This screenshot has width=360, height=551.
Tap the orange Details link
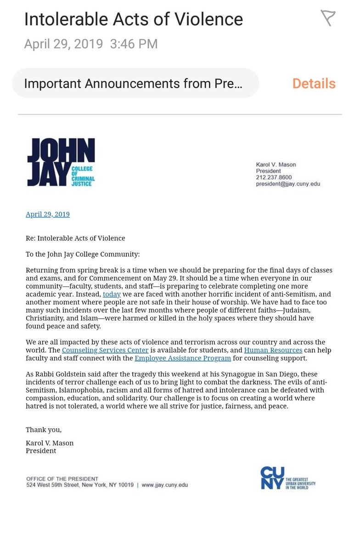[314, 84]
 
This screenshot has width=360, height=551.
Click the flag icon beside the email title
[327, 18]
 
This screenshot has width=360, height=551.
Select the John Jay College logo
[61, 162]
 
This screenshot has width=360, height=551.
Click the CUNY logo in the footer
[287, 478]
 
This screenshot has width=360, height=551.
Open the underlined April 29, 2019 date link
[48, 214]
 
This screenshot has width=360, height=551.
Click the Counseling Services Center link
[105, 350]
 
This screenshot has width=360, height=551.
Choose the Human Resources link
[273, 350]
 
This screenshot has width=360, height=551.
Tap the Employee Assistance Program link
[183, 358]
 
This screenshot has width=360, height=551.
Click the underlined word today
[112, 294]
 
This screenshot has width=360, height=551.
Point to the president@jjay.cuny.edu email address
[288, 184]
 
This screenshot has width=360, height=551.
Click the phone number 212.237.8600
[274, 177]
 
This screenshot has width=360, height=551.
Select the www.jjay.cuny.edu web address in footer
[164, 485]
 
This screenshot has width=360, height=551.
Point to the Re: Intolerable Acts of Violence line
[75, 238]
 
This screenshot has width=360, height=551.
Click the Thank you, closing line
[44, 429]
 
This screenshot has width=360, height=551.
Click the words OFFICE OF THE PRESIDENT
[62, 479]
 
